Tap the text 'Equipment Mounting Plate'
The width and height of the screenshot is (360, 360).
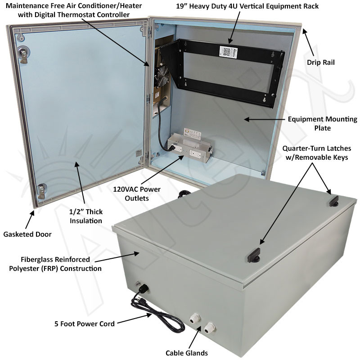click(322, 124)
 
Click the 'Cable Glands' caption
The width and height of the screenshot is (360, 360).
click(186, 353)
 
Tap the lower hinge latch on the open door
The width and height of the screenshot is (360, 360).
click(41, 189)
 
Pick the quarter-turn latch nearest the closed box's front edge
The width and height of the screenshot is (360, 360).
click(253, 255)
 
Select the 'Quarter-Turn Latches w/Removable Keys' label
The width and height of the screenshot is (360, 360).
click(320, 152)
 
